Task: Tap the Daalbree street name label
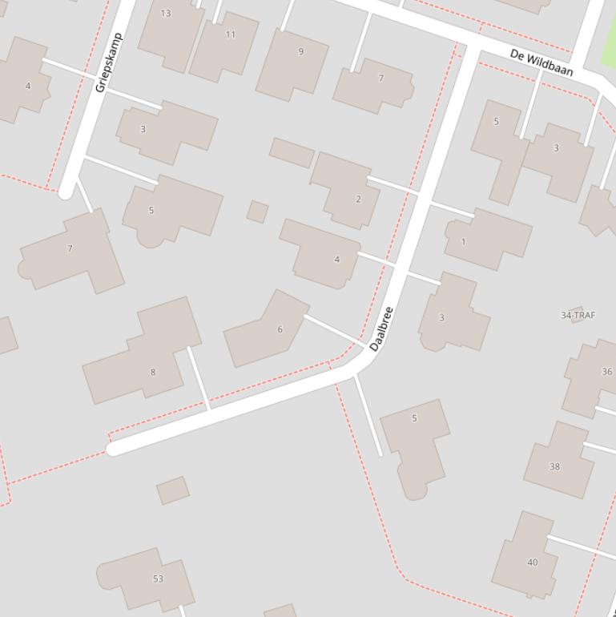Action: click(x=382, y=329)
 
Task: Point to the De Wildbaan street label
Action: click(x=542, y=62)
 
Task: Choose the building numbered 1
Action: click(x=487, y=239)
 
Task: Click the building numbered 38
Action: click(x=559, y=461)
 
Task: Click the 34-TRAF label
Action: click(x=578, y=315)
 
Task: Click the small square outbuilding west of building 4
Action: click(x=257, y=212)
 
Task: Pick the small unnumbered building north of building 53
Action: click(x=173, y=490)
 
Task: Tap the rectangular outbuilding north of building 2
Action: click(x=292, y=152)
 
